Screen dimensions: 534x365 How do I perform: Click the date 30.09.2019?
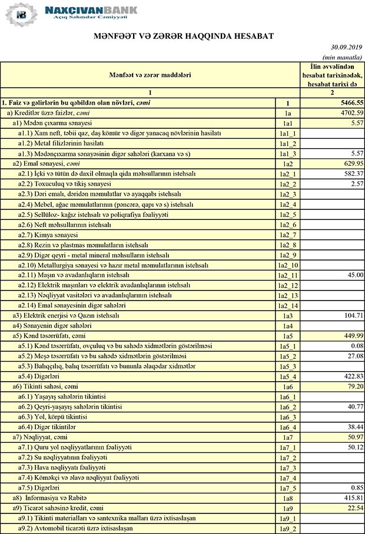tap(346, 47)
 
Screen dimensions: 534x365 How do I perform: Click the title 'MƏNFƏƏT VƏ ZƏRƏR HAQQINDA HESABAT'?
tap(182, 36)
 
